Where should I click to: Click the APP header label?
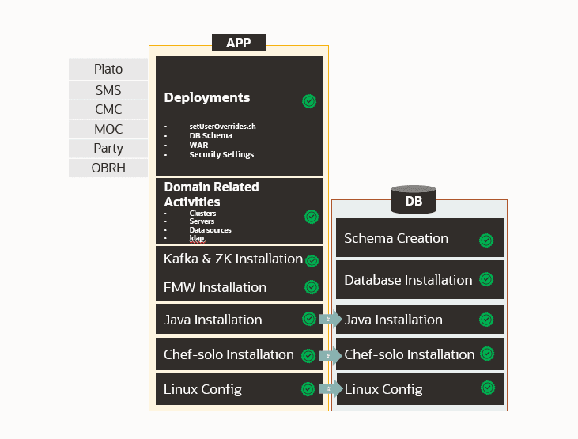(239, 43)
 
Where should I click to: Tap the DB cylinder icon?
(414, 199)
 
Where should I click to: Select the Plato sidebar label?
(108, 69)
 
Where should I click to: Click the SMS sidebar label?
(108, 90)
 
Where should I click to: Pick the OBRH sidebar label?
(108, 168)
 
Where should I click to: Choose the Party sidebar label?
(108, 148)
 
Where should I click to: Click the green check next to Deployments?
(309, 101)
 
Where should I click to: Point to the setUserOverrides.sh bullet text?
(222, 127)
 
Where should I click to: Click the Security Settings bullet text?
(221, 154)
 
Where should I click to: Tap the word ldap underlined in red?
(196, 238)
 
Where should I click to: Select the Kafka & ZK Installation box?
(240, 259)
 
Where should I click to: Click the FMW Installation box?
(240, 287)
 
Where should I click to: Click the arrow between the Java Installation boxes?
(331, 319)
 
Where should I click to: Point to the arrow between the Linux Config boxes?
(331, 388)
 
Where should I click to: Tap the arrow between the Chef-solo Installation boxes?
(331, 356)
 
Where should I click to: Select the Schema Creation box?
(420, 237)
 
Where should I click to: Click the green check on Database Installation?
(486, 279)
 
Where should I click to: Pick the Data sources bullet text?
(210, 230)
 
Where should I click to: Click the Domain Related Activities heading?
(211, 195)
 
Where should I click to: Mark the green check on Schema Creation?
(486, 240)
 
